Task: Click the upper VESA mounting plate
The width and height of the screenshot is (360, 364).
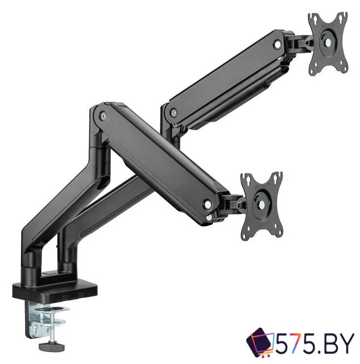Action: [328, 43]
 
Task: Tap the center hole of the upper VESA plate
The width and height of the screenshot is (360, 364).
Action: [328, 43]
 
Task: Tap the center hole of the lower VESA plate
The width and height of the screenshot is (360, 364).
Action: [262, 205]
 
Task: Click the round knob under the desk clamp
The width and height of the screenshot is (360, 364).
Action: [52, 347]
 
